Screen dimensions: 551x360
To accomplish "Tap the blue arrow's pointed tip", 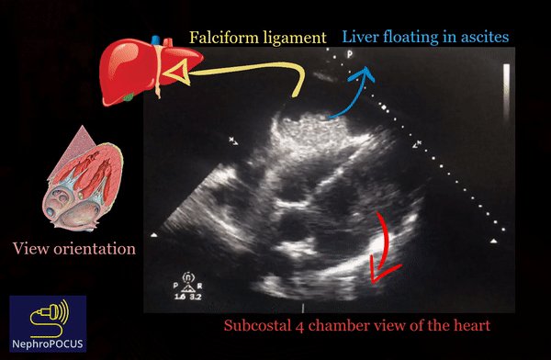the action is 368,69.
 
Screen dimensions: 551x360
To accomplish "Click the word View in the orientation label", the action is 32,249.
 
